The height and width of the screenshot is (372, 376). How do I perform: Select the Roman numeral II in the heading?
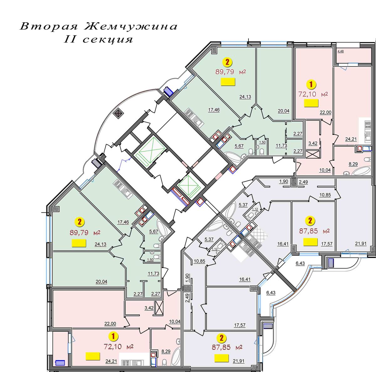point(70,39)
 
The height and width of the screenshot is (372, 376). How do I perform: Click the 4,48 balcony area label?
point(341,52)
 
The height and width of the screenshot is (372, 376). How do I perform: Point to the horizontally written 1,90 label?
point(283,181)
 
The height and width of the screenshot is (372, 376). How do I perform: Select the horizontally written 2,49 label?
point(303,181)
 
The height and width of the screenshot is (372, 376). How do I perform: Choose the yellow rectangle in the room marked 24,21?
point(93,356)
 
